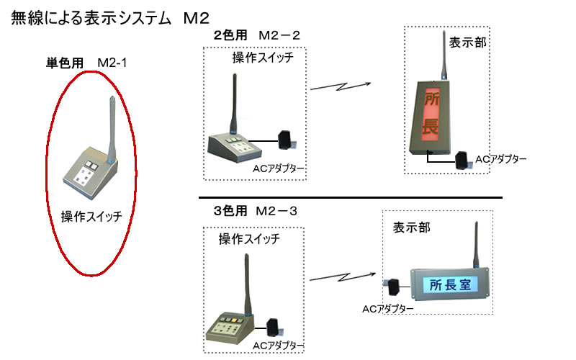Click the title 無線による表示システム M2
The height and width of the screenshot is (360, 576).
[110, 18]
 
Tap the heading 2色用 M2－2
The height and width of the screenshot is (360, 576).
[257, 35]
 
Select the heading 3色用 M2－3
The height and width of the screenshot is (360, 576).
[256, 211]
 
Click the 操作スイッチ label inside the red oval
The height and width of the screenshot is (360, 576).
[91, 217]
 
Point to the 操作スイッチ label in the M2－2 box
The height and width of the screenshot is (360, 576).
[263, 58]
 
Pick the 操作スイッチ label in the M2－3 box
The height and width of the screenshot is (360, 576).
[249, 239]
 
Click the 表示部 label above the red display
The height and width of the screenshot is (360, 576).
[467, 42]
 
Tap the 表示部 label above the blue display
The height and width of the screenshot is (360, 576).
[411, 228]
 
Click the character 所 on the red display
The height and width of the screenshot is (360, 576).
[431, 99]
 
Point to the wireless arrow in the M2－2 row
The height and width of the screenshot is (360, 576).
[341, 86]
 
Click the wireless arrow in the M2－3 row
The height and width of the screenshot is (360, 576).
[343, 276]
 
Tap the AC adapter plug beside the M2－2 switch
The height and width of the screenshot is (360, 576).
[287, 140]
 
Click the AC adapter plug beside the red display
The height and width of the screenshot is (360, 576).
[463, 160]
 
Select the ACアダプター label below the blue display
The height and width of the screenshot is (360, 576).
[388, 309]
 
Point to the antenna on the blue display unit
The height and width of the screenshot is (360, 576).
[476, 244]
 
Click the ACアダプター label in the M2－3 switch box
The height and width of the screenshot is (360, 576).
[278, 346]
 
